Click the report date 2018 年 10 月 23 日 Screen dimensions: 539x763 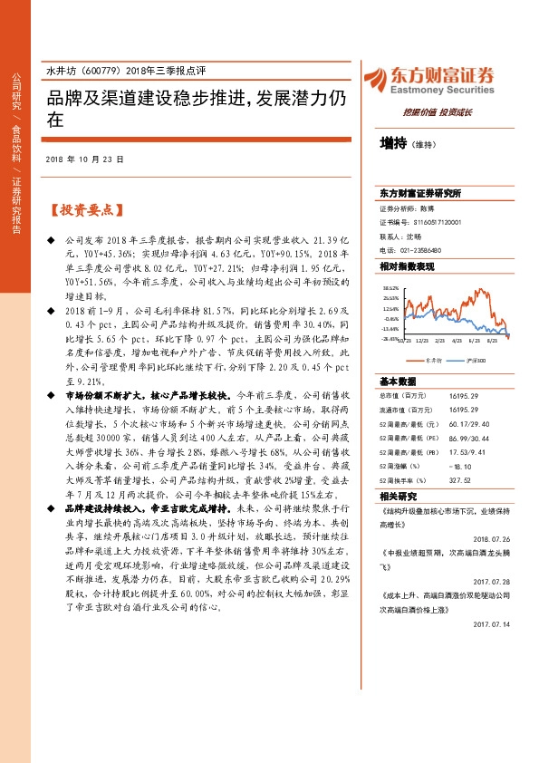[x=83, y=159]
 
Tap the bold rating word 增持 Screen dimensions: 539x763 [x=393, y=143]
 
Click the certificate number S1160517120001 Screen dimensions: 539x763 [x=437, y=221]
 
